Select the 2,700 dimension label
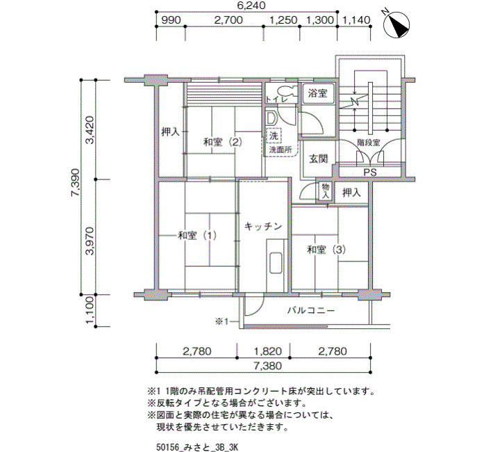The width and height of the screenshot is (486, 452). point(228,20)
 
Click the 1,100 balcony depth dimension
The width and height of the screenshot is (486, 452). point(90,310)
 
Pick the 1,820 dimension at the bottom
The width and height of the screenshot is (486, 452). point(268,351)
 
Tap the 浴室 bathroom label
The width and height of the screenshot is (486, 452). point(318,92)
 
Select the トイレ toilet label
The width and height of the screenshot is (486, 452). point(277,99)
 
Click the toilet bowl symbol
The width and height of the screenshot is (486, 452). point(285,90)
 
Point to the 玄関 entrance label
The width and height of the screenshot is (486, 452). point(318,159)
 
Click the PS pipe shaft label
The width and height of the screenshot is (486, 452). point(370,172)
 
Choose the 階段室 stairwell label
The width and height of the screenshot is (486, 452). point(369,143)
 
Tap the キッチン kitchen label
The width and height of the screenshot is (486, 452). point(263,226)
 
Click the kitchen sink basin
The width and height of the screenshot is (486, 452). point(275,263)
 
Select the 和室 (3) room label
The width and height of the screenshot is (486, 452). point(326,250)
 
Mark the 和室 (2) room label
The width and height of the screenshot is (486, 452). point(222,143)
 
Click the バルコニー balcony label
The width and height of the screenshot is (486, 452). point(311,310)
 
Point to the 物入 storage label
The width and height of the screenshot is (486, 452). point(326,191)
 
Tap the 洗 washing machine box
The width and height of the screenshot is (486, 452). point(274,136)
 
